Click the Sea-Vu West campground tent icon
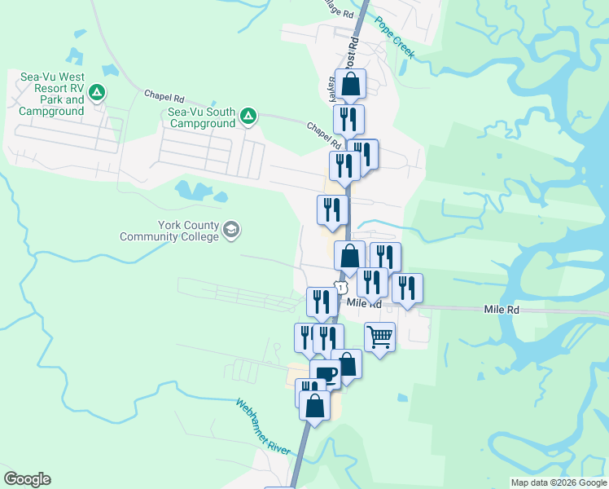point(97,92)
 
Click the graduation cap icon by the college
point(231,231)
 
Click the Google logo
point(27,479)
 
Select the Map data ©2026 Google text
point(558,482)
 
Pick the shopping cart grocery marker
point(379,336)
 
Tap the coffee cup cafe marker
point(326,375)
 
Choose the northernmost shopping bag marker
point(350,83)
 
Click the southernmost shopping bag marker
point(314,404)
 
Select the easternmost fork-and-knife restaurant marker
point(407,288)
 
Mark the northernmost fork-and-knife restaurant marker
point(348,119)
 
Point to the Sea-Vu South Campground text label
point(203,117)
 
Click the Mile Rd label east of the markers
point(501,310)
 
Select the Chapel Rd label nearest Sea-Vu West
point(160,95)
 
